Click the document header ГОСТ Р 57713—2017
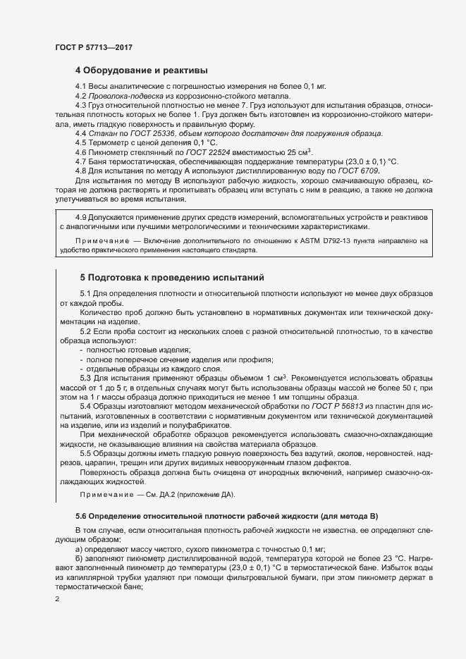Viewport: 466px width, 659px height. click(94, 47)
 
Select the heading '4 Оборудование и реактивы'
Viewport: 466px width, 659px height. click(141, 70)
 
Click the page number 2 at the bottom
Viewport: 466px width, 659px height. click(57, 599)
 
